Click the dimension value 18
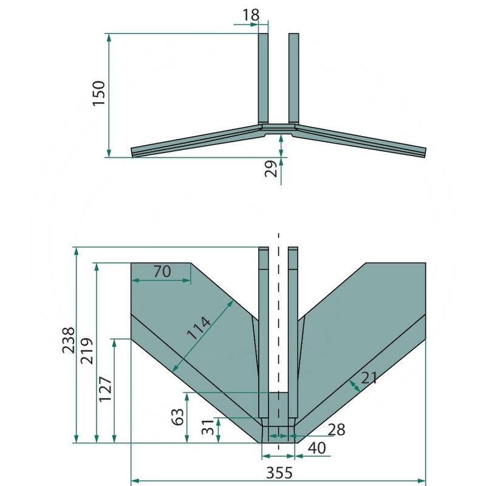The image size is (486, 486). (250, 15)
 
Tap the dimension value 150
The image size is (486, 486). (99, 94)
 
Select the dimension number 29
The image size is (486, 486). (271, 169)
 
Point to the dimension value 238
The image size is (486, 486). (69, 340)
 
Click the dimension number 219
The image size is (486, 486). (87, 351)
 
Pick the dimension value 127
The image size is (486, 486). (105, 389)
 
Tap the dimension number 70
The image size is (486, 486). (162, 272)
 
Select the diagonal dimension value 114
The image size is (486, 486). (199, 327)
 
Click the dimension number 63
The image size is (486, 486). (177, 417)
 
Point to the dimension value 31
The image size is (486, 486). (208, 427)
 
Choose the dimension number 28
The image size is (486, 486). (337, 430)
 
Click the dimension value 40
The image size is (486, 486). (317, 448)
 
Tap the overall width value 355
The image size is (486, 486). (279, 473)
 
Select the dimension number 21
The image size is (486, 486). (369, 378)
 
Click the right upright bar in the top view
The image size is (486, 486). (293, 78)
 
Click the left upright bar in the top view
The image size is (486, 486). (263, 78)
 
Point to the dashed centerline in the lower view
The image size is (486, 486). (278, 341)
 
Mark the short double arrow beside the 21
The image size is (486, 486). (355, 386)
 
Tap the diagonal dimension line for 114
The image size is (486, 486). (203, 336)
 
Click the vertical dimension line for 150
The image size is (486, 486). (109, 95)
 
